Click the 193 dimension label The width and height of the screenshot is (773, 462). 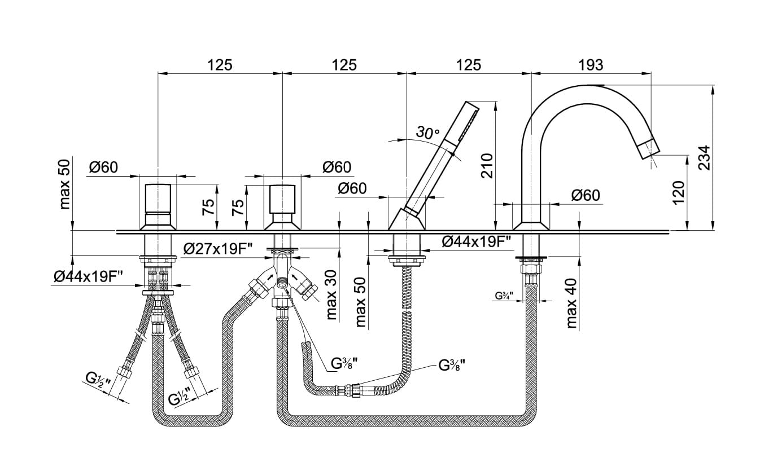tap(591, 65)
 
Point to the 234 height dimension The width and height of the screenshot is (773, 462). tap(704, 158)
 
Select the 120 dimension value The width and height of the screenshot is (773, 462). tap(679, 192)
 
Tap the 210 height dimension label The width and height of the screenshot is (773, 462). tap(487, 166)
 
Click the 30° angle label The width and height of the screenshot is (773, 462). tap(427, 133)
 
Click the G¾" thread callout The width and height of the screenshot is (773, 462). tap(503, 296)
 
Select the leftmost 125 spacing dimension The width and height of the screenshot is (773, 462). tap(220, 65)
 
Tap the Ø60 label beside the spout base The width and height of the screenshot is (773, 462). tap(585, 195)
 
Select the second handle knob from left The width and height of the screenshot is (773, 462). tap(282, 199)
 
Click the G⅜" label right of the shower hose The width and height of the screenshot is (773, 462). tap(452, 364)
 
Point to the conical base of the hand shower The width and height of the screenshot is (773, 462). tap(407, 219)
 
